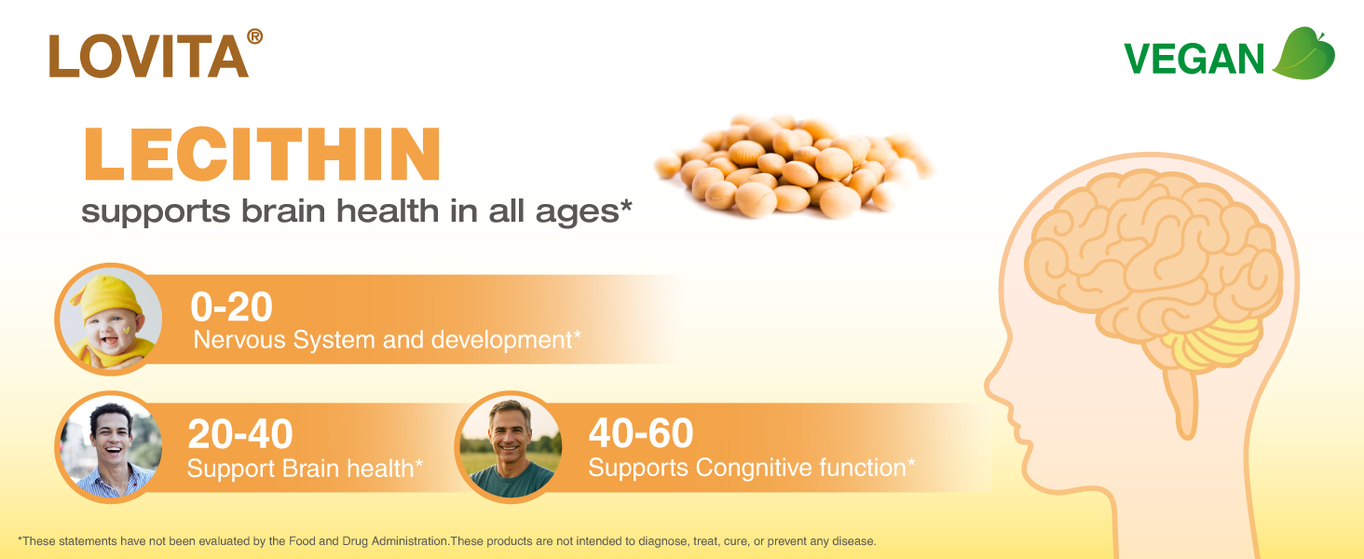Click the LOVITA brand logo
(156, 54)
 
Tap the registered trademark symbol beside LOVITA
(254, 36)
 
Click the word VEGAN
(1194, 59)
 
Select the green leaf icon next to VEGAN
(1303, 54)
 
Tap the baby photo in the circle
(110, 319)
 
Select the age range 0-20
(231, 307)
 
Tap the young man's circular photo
(110, 447)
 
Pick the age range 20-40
(240, 434)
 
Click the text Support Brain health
(305, 469)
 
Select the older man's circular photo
(509, 447)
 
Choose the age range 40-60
(641, 433)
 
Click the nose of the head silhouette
(991, 386)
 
